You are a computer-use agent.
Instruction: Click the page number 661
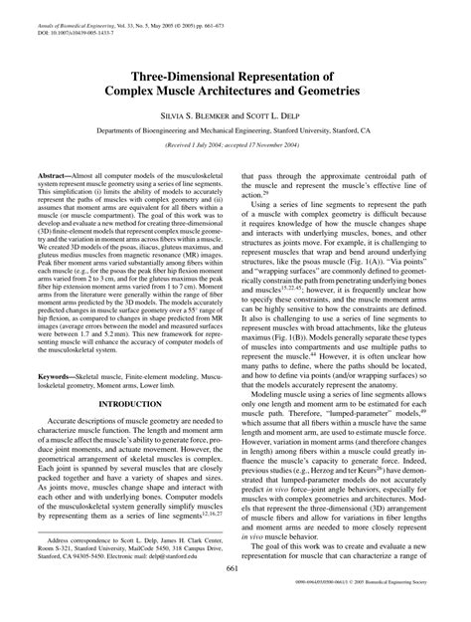(x=235, y=594)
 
